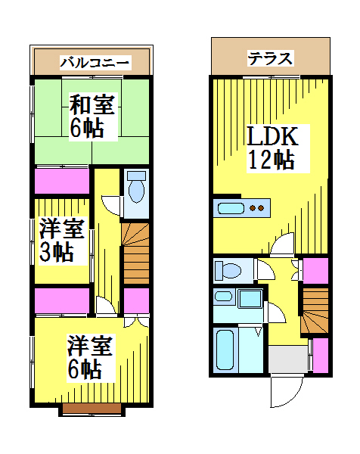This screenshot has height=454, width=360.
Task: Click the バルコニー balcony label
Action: pos(95,63)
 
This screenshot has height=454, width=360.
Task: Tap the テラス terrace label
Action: pos(270,58)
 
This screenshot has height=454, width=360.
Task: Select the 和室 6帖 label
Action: pos(92,117)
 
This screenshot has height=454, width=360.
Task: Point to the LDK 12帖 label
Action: pos(272,148)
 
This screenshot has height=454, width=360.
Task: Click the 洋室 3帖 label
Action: pos(61,241)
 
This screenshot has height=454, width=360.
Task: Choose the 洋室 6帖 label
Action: pos(90,357)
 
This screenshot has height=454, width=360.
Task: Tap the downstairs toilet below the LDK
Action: pos(228,270)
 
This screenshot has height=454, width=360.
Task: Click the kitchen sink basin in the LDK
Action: pos(231,208)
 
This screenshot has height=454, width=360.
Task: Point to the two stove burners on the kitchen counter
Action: pos(257,208)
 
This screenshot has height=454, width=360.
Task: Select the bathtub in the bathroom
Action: pos(225,350)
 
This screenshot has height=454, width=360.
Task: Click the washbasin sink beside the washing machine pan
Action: pos(223,296)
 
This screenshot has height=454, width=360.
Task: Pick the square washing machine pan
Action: pos(250,298)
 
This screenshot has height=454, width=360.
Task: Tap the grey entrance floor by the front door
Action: pos(288,359)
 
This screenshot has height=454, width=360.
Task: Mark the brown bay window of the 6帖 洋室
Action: pos(92,409)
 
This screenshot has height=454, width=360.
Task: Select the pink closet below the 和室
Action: pos(62,181)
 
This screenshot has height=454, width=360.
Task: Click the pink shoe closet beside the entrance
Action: pos(321,356)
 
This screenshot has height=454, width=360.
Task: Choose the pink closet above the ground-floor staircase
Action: pos(315,271)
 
